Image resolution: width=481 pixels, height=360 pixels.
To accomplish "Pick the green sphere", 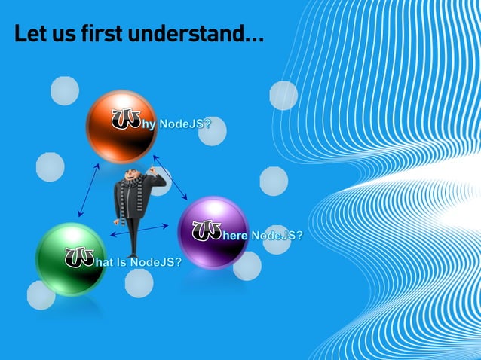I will pos(72,258).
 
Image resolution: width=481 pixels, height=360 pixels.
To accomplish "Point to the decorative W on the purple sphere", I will pos(207,230).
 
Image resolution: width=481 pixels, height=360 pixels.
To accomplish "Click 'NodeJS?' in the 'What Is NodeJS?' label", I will pos(155,262).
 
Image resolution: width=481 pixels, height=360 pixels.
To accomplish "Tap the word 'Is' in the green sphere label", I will pos(121,262).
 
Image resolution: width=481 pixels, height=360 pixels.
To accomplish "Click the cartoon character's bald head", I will pos(133,175).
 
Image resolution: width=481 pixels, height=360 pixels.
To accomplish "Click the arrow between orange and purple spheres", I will pos(170,178).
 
